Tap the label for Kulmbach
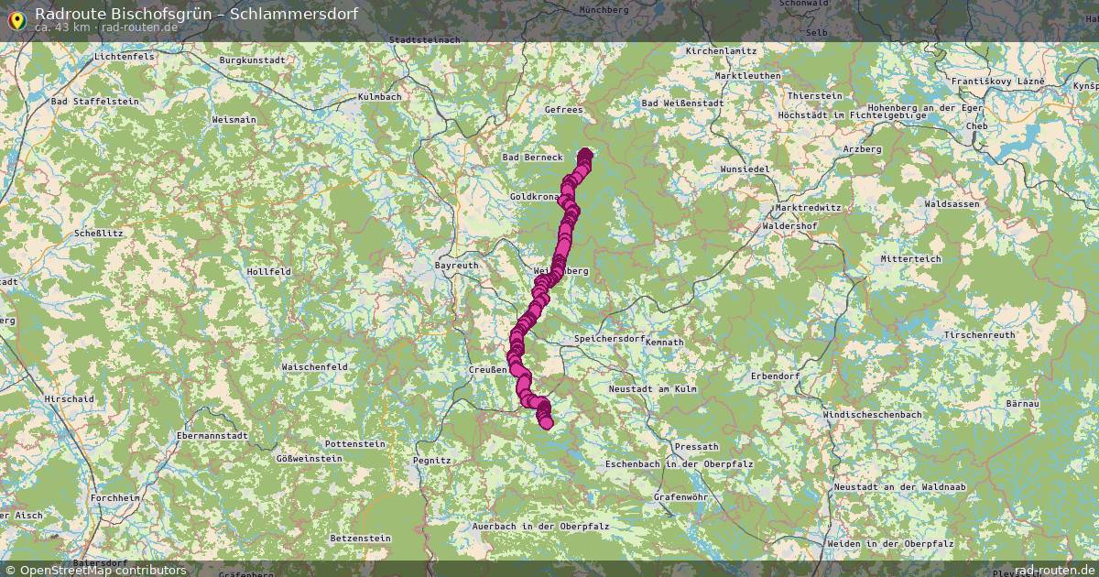pyautogui.click(x=380, y=96)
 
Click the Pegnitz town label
pyautogui.click(x=432, y=460)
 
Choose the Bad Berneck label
pyautogui.click(x=532, y=158)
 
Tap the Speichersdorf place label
pyautogui.click(x=609, y=339)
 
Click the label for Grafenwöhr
pyautogui.click(x=680, y=497)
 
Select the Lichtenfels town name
pyautogui.click(x=124, y=57)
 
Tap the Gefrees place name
pyautogui.click(x=563, y=110)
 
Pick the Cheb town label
pyautogui.click(x=976, y=126)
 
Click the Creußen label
pyautogui.click(x=487, y=369)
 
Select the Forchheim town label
pyautogui.click(x=115, y=497)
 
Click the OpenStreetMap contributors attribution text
pyautogui.click(x=103, y=570)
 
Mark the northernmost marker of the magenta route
pyautogui.click(x=585, y=154)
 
